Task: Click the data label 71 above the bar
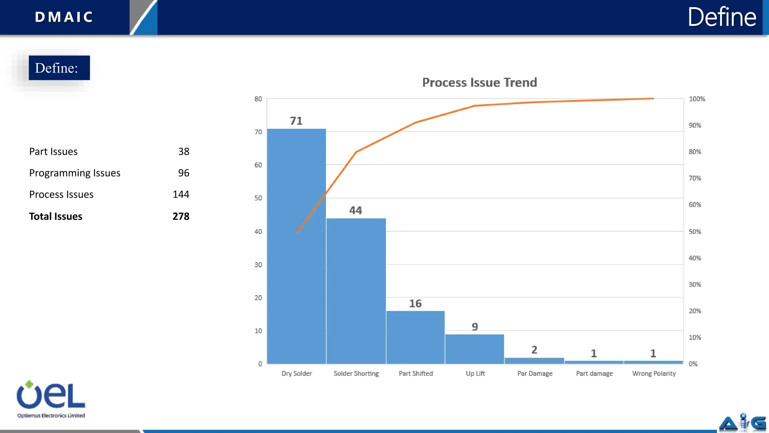tap(296, 121)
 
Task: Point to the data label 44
tap(356, 210)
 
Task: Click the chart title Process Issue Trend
tap(479, 82)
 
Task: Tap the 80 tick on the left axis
tap(258, 99)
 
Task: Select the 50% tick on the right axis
tap(695, 232)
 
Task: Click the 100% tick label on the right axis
tap(697, 99)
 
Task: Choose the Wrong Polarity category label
tap(654, 373)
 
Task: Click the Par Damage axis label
tap(535, 373)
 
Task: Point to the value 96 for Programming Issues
tap(184, 173)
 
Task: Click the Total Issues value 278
tap(181, 216)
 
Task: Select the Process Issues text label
tap(61, 194)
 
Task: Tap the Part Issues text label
tap(53, 151)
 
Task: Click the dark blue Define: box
tap(59, 68)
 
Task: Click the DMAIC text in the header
tap(64, 17)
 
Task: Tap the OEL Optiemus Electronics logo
tap(51, 399)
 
